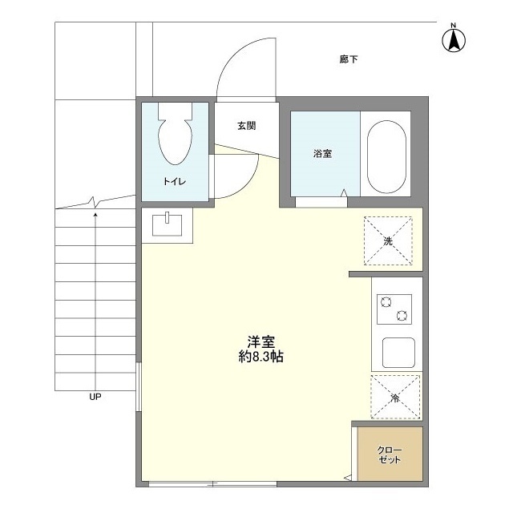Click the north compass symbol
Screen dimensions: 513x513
[x=454, y=40]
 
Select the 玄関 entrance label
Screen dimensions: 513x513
[x=246, y=126]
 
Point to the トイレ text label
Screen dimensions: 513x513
[x=175, y=181]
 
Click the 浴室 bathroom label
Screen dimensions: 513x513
[x=323, y=154]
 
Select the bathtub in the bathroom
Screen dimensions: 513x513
[x=387, y=156]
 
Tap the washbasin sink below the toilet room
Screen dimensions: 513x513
[x=168, y=224]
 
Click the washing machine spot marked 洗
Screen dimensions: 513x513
[x=388, y=240]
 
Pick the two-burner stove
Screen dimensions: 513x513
[x=394, y=309]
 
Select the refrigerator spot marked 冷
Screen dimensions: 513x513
[x=395, y=398]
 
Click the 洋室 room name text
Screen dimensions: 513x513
[x=261, y=341]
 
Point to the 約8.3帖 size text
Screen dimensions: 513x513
[x=261, y=357]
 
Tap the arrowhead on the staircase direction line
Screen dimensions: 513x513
[x=96, y=214]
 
